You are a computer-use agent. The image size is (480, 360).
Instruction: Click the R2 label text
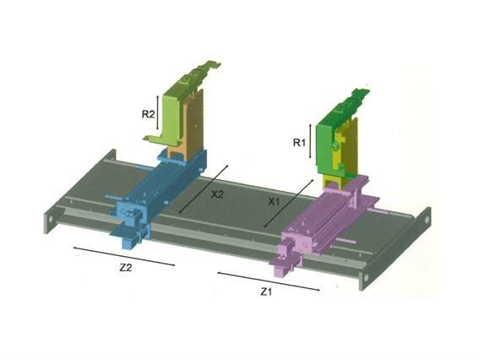click(x=148, y=114)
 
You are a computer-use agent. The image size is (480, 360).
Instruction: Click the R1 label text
click(x=299, y=142)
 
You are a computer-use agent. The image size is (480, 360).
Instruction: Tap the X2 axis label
click(x=217, y=194)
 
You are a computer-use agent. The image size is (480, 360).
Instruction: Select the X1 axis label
click(x=275, y=201)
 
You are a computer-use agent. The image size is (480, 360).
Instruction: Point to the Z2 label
click(x=126, y=267)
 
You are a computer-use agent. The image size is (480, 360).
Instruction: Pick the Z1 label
click(x=266, y=292)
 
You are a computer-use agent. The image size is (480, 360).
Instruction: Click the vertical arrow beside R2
click(x=158, y=112)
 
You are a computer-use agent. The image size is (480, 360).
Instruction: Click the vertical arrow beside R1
click(x=310, y=141)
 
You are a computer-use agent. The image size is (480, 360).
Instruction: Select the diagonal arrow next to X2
click(x=204, y=188)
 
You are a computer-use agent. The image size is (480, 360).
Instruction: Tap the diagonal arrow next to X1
click(x=289, y=204)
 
